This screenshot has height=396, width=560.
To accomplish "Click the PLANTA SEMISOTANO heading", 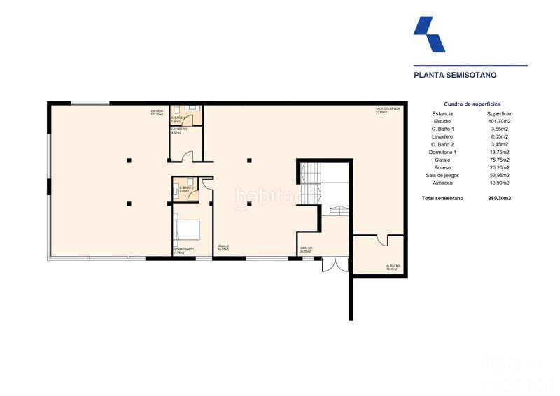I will (449, 74).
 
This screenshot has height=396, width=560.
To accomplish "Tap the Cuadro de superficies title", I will (472, 104).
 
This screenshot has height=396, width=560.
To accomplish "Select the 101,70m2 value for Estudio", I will (499, 121).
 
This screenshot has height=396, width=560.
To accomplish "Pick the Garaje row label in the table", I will (443, 160).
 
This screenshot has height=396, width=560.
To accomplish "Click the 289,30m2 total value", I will (499, 199).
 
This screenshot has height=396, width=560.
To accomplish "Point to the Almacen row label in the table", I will (443, 183).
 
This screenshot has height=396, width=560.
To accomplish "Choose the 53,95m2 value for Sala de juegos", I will (499, 175).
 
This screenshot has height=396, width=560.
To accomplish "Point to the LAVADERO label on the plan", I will (178, 129).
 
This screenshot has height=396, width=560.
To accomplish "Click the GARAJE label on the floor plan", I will (223, 246).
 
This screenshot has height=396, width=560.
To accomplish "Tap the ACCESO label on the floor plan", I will (306, 249).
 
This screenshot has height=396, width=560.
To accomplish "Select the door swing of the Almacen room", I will (382, 240).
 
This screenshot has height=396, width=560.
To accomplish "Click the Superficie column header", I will (499, 113).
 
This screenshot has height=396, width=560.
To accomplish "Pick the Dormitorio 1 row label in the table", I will (443, 152).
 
